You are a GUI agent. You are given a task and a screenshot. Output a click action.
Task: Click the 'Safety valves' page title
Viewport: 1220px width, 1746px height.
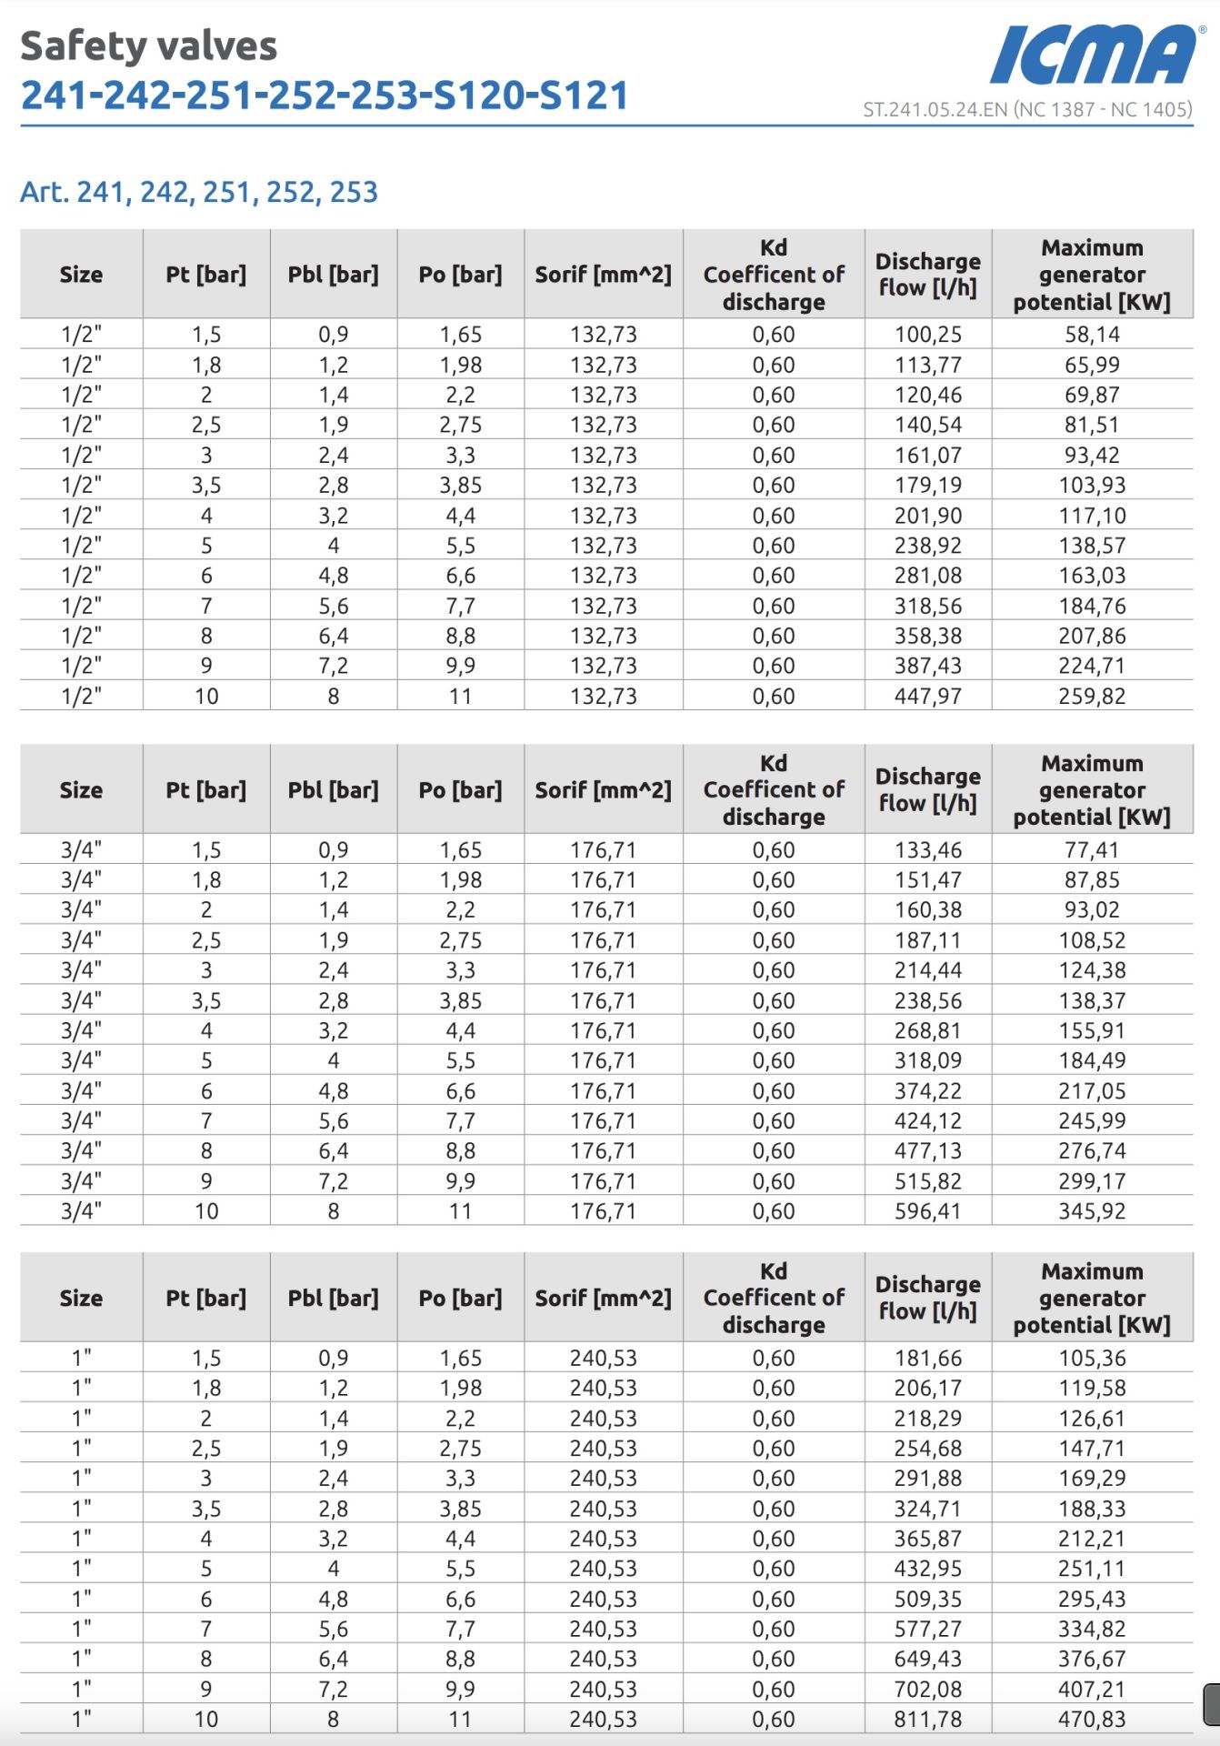point(148,46)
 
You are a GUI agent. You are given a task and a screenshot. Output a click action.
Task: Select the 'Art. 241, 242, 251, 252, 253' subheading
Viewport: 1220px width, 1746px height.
point(199,192)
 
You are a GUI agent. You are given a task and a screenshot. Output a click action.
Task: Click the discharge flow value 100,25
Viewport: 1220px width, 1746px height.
point(927,335)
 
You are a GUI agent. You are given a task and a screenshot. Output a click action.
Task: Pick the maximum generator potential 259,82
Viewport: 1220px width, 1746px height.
point(1092,697)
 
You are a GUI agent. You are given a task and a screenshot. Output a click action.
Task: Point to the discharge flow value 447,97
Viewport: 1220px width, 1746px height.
point(927,697)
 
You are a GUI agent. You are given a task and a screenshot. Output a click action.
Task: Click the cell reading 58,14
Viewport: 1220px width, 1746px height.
point(1092,335)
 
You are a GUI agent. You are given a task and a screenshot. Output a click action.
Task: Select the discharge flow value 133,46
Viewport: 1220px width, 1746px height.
point(927,850)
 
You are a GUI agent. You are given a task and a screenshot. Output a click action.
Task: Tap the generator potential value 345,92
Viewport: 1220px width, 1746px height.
point(1092,1211)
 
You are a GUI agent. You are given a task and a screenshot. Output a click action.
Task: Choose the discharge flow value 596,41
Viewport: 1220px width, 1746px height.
point(927,1211)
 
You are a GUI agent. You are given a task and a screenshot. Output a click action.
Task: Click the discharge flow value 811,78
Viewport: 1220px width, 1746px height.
point(927,1720)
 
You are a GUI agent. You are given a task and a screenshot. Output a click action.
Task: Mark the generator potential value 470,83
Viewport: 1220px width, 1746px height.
point(1092,1720)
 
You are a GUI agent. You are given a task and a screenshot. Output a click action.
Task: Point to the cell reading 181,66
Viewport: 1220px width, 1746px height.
point(927,1359)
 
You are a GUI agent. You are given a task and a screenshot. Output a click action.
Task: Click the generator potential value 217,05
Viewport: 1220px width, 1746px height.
point(1092,1091)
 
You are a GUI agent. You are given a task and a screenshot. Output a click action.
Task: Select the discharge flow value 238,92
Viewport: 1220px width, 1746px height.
point(927,546)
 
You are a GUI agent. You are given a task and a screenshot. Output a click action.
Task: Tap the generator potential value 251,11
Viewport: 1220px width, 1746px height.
point(1092,1569)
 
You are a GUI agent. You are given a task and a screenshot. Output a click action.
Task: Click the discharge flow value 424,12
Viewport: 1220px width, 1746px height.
point(927,1121)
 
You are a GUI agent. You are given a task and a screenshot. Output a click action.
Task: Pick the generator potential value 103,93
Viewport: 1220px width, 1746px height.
point(1092,486)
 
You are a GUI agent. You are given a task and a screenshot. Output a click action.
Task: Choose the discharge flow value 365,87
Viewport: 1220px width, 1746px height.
point(927,1539)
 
